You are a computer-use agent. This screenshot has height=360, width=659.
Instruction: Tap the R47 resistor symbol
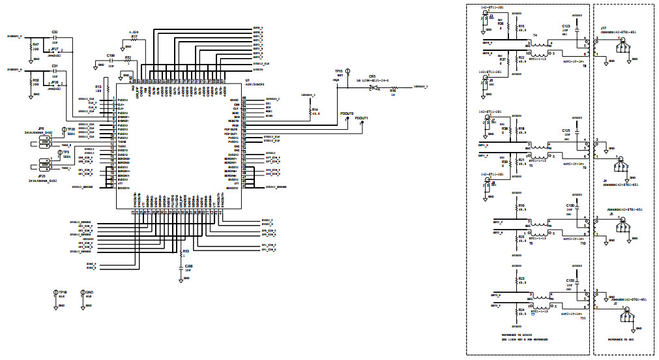pyautogui.click(x=31, y=50)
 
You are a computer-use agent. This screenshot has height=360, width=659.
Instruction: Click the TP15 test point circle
pyautogui.click(x=347, y=70)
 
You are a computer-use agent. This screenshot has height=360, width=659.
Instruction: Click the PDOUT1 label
pyautogui.click(x=362, y=118)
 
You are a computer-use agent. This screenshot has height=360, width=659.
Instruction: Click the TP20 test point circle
pyautogui.click(x=63, y=130)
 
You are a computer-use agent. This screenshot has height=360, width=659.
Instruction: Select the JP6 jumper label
pyautogui.click(x=40, y=128)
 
